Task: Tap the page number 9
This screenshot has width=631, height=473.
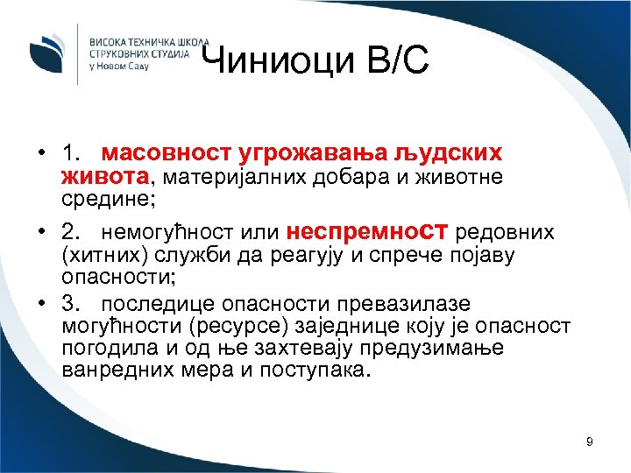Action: (x=589, y=441)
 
